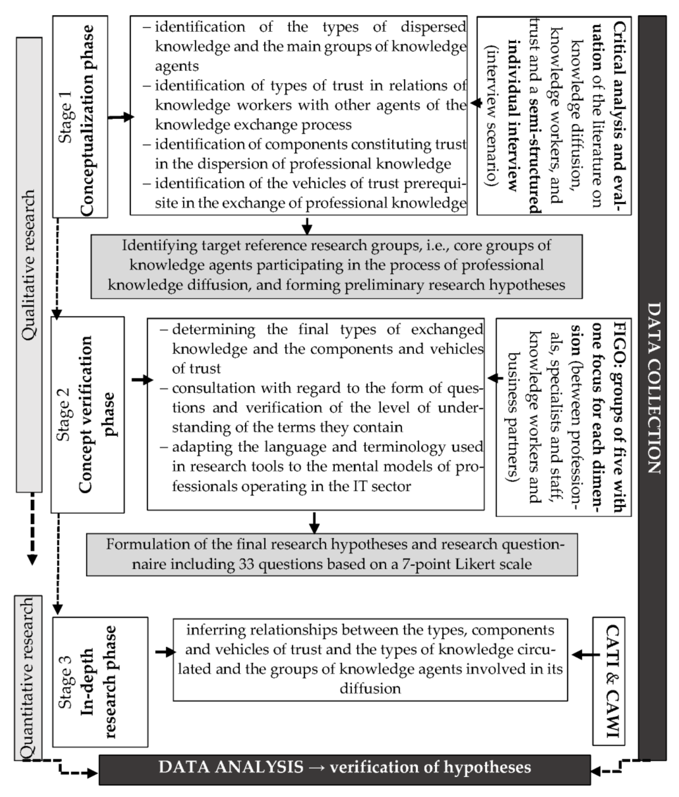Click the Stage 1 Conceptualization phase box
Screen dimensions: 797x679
click(x=80, y=117)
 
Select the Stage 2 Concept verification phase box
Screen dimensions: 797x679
click(x=88, y=414)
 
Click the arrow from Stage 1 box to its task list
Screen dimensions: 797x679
click(x=120, y=117)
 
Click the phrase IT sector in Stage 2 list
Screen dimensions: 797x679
click(x=388, y=486)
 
